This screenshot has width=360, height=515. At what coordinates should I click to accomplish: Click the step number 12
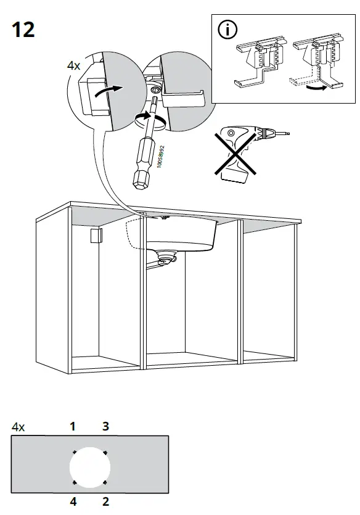click(x=23, y=29)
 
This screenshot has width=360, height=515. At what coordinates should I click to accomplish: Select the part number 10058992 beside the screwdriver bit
click(x=160, y=156)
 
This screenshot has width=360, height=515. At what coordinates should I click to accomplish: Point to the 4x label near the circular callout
click(x=75, y=65)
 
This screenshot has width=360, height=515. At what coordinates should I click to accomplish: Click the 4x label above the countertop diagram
click(x=18, y=426)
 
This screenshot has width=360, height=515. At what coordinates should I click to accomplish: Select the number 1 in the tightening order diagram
click(x=73, y=426)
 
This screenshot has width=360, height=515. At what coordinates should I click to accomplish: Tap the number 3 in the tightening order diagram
click(x=105, y=426)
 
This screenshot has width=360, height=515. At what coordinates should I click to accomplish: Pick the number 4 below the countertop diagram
click(x=73, y=502)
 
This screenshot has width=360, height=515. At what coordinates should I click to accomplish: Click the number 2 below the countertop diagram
click(x=105, y=502)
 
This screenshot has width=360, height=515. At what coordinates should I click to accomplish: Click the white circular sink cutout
click(x=89, y=466)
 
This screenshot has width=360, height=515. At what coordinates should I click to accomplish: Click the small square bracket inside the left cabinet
click(x=95, y=236)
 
